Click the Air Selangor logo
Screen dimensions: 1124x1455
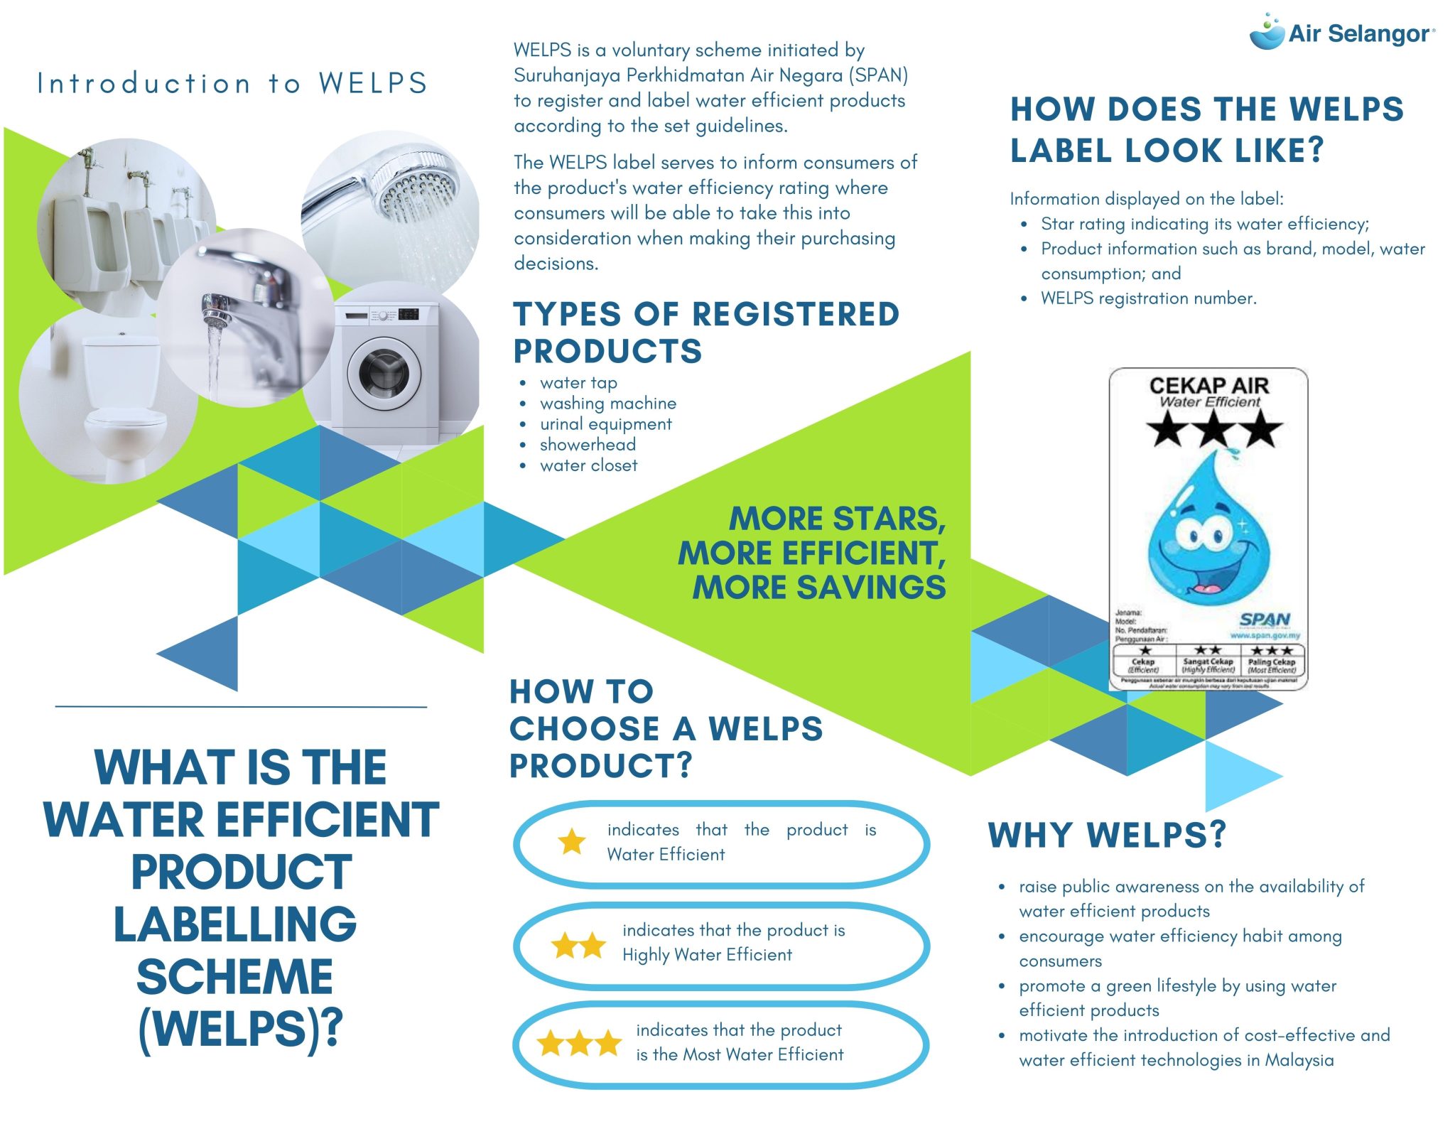1341,33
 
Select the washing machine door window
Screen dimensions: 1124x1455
384,374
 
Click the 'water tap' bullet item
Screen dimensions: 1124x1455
578,383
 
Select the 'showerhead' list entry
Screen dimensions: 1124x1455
588,445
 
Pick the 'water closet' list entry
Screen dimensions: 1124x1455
588,465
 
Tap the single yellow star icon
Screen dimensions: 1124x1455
571,842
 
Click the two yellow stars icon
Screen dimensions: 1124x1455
579,946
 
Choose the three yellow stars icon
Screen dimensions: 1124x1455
579,1044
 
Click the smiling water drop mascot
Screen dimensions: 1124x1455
1208,533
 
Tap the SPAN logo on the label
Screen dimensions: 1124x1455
1264,620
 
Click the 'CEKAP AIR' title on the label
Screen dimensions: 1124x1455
1208,386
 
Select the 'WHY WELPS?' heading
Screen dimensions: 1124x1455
1106,835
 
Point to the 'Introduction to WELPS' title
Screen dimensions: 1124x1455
232,84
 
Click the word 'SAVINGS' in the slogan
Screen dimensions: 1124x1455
872,588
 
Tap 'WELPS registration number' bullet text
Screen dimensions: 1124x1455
1148,298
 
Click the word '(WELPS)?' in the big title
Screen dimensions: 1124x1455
240,1028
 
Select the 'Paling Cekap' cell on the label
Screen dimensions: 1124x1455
1272,660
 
